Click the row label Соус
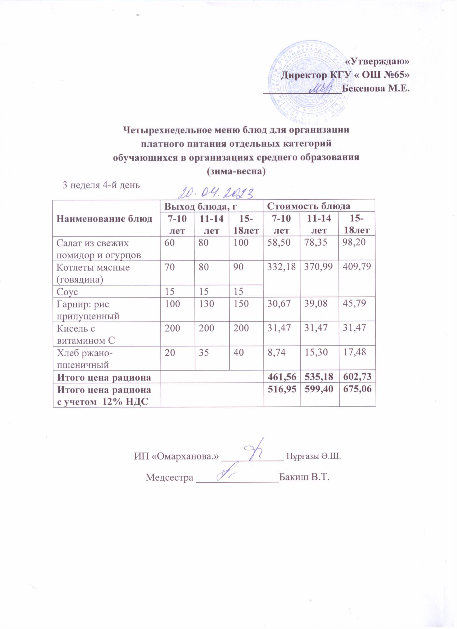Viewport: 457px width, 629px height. pyautogui.click(x=67, y=291)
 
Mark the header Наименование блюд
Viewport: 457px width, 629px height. pyautogui.click(x=105, y=219)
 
